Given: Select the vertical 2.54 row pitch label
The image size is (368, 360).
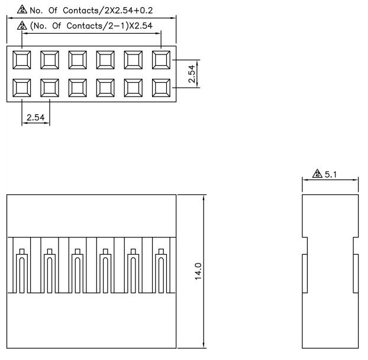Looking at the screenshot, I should point(191,73).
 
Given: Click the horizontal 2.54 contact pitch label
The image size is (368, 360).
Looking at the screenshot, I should point(35,117).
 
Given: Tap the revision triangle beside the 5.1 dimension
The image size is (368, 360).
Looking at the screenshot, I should point(318,175).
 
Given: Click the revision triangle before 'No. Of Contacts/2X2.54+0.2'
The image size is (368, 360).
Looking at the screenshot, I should point(22,10).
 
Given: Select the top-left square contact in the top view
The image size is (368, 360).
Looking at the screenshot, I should point(21,59).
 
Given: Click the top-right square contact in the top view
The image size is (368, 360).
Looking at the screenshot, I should point(161,59).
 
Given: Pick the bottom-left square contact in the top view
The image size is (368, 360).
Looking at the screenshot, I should point(21,88).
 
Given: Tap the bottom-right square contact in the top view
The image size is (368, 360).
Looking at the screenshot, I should point(161,88).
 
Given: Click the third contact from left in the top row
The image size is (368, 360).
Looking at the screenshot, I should point(78,59).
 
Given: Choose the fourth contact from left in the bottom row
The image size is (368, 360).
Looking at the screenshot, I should point(105,88).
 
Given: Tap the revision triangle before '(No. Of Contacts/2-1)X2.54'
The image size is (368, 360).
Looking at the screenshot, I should point(22,25).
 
